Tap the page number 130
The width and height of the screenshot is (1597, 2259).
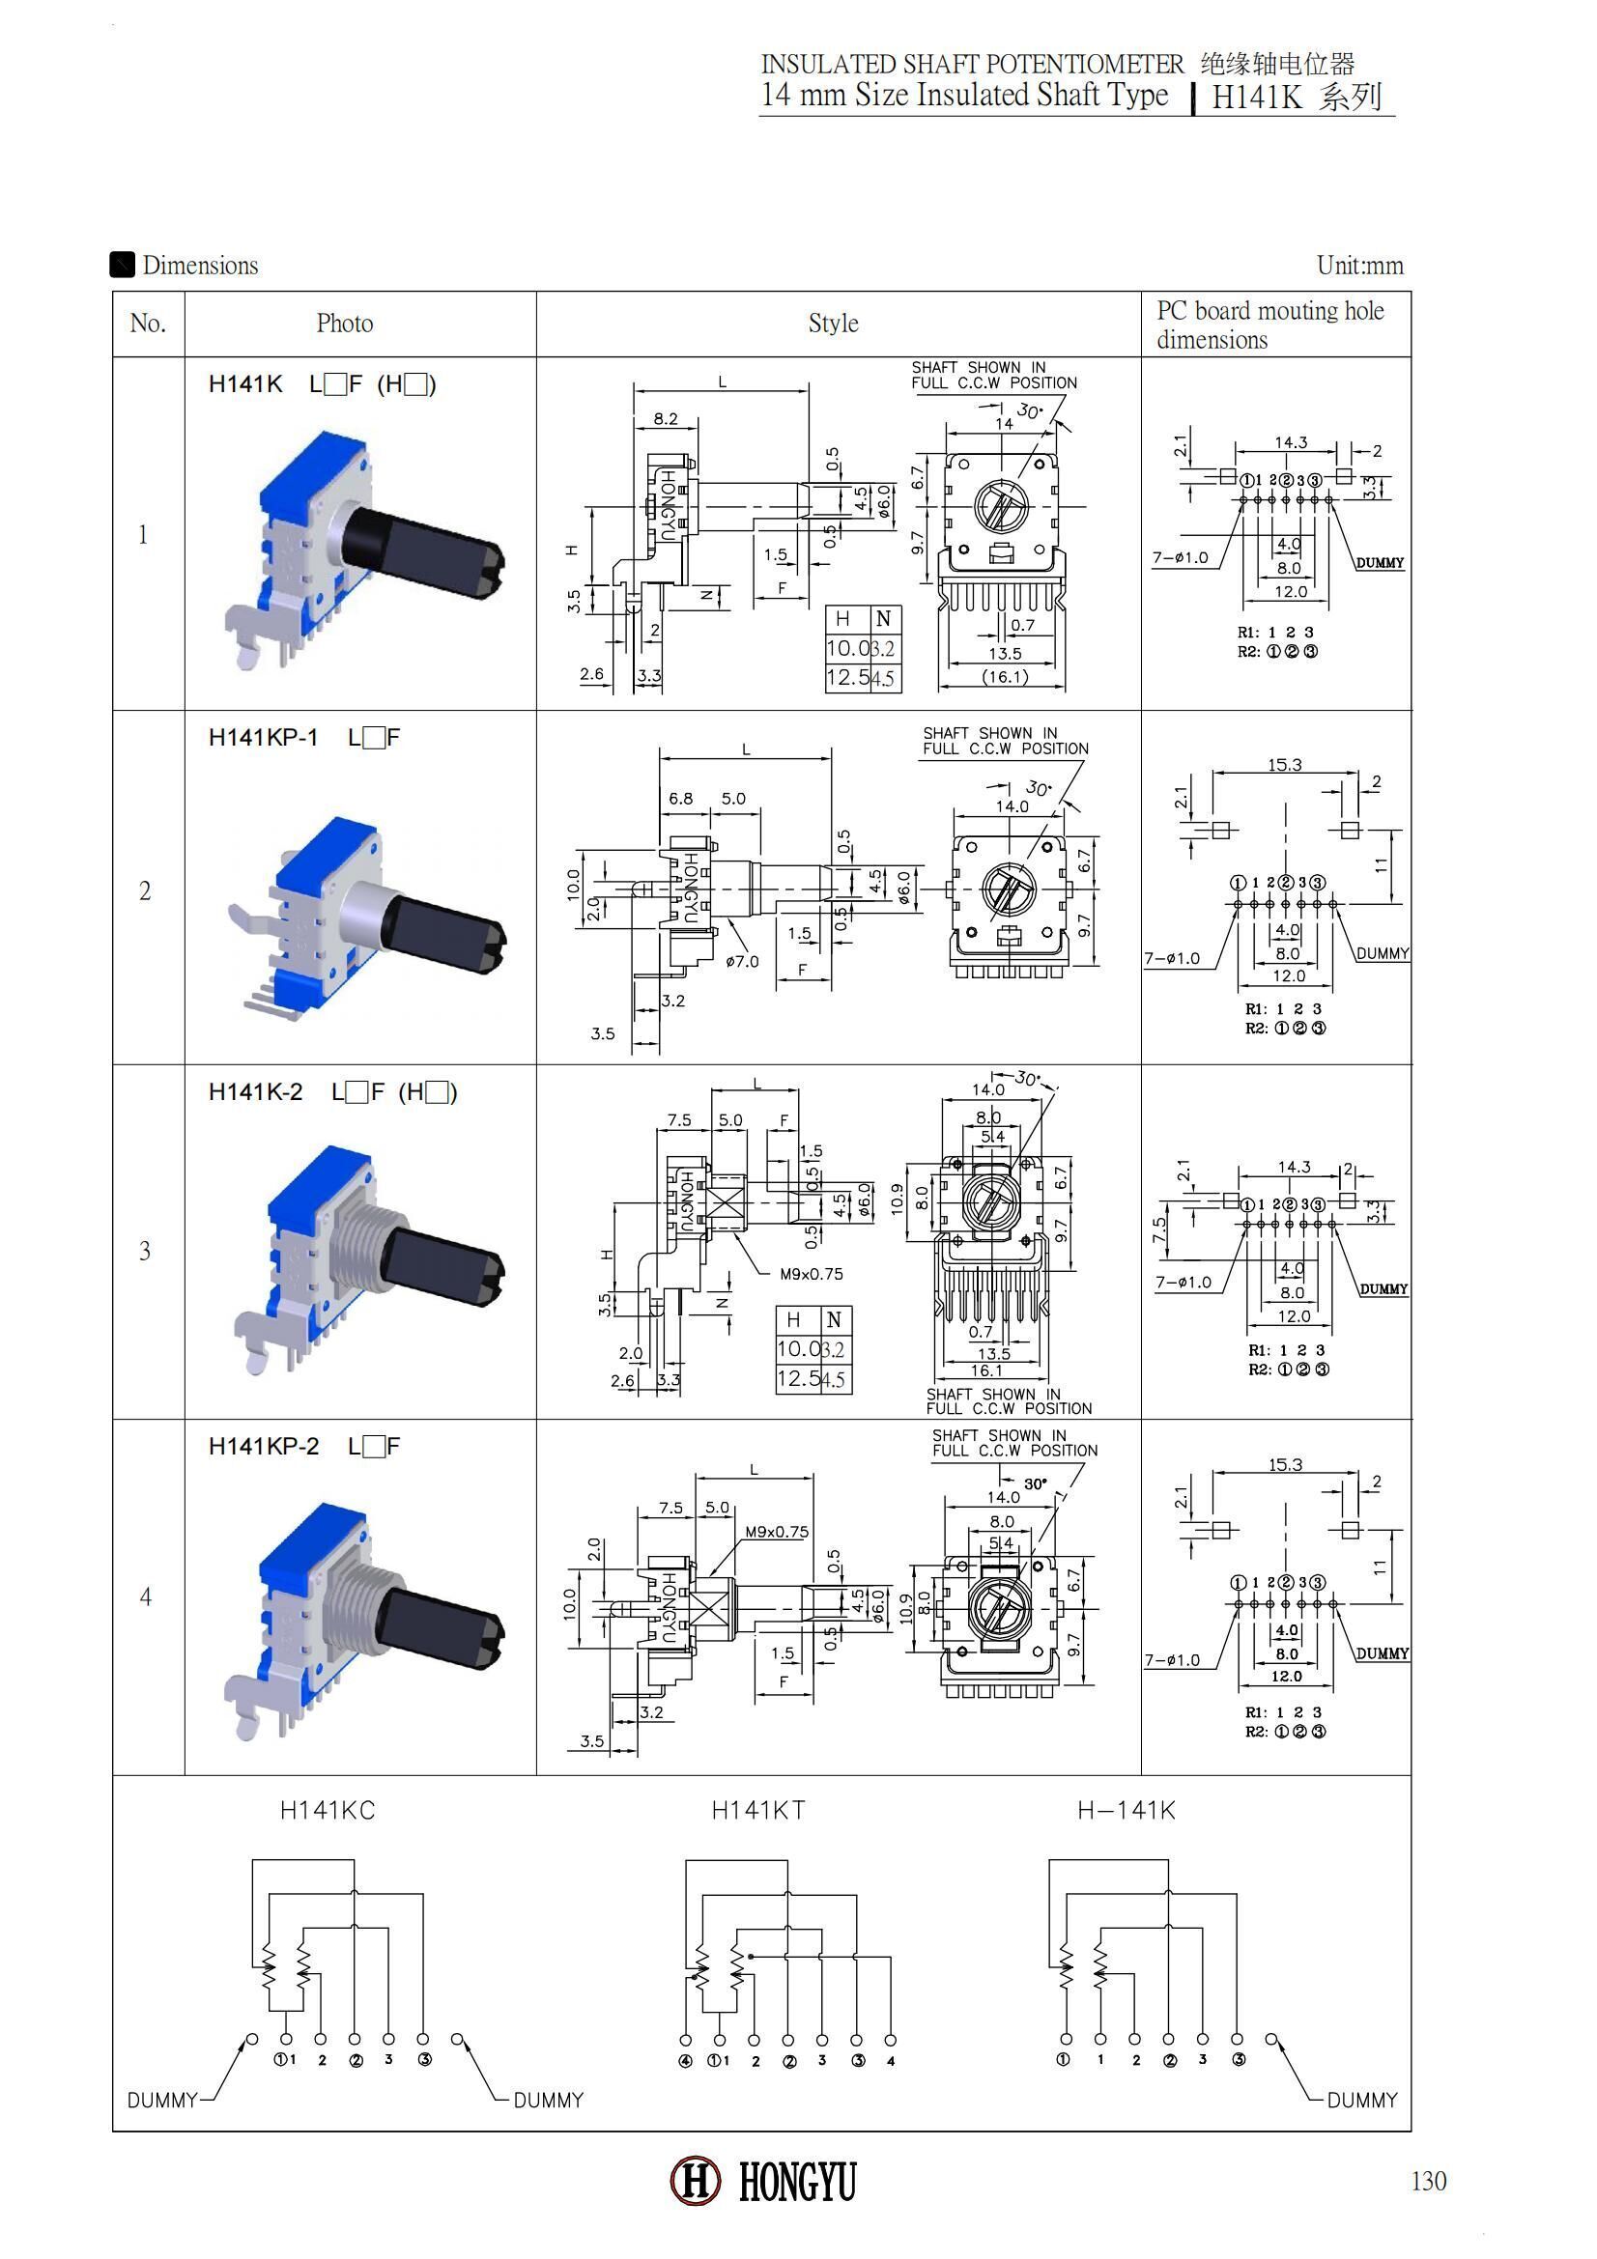point(1428,2182)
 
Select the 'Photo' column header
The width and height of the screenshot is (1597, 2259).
point(344,324)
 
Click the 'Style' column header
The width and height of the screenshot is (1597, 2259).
point(834,324)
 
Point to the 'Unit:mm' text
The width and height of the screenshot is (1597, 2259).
point(1360,266)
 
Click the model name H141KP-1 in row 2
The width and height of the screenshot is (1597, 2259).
point(263,738)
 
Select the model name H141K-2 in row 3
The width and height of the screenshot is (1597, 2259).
point(255,1092)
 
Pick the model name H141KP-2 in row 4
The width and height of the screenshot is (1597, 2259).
point(263,1447)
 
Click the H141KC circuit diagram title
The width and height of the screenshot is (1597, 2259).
point(328,1810)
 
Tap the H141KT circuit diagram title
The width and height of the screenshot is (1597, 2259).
point(757,1810)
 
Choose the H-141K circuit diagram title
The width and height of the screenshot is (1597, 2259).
point(1126,1810)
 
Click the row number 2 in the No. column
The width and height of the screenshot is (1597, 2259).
point(145,890)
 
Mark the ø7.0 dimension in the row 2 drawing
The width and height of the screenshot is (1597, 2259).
point(742,961)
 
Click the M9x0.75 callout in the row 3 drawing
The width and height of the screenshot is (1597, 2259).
point(811,1274)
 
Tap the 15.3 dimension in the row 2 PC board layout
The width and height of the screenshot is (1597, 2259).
point(1284,765)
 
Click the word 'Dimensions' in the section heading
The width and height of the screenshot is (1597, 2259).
point(200,266)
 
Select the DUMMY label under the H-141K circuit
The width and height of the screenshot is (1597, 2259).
point(1362,2101)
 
